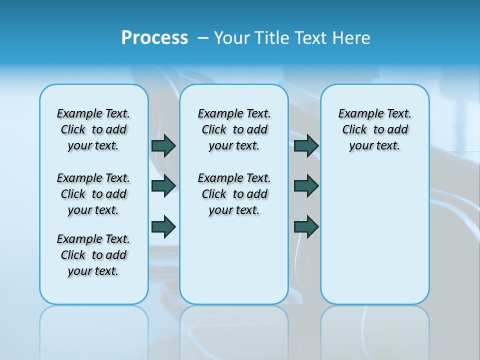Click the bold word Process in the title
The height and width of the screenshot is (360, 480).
tap(154, 38)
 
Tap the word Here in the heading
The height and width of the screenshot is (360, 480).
tap(352, 38)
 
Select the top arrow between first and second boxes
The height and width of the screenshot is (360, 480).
tap(163, 145)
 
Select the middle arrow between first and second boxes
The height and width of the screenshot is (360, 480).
tap(163, 185)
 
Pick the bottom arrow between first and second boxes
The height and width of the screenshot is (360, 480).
tap(163, 226)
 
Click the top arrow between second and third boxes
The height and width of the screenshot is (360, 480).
tap(306, 145)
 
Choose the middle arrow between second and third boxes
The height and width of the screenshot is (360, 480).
tap(306, 185)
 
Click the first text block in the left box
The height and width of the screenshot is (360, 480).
tap(93, 129)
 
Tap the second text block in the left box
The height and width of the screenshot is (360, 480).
tap(93, 194)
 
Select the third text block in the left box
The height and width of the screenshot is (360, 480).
tap(93, 255)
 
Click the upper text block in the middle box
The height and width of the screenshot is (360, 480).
tap(234, 129)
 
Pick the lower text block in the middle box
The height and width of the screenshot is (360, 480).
tap(234, 194)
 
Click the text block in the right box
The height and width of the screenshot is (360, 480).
tap(374, 129)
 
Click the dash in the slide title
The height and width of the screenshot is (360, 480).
tap(203, 38)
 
